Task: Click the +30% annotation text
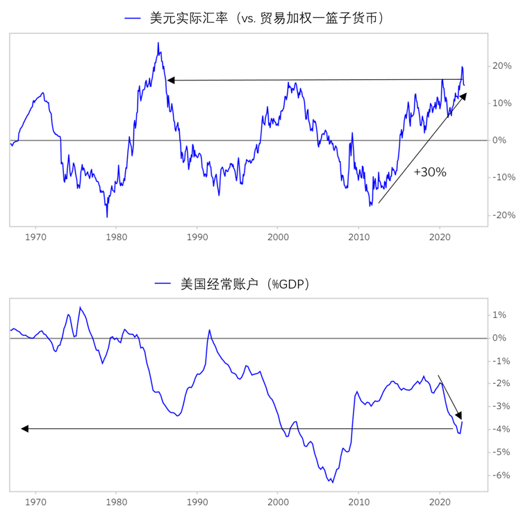pos(429,172)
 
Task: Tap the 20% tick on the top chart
pos(502,66)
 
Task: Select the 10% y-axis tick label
pos(502,103)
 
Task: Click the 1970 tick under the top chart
pos(35,236)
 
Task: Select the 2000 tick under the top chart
pos(278,236)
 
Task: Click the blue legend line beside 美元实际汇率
pos(133,19)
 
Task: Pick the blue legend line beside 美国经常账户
pos(163,285)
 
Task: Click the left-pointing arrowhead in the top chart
pos(171,80)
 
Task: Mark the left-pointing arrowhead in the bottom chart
pos(25,429)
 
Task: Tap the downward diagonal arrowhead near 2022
pos(459,415)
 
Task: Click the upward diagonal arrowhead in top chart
pos(463,96)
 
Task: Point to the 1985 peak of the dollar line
pos(158,43)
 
